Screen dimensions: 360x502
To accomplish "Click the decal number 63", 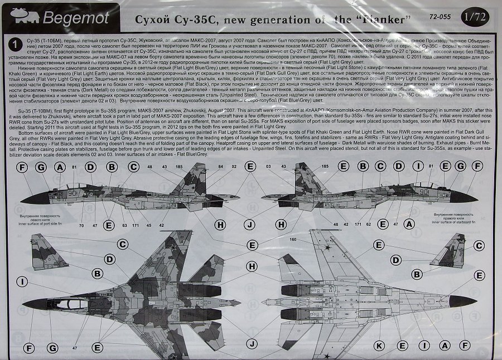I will click(123, 226).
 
